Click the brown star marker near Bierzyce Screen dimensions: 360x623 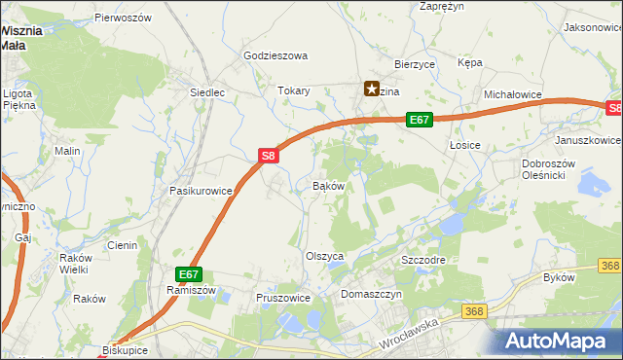(372, 89)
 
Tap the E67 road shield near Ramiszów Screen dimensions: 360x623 (189, 275)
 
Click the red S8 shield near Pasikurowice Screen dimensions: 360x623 (270, 154)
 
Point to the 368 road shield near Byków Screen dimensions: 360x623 (610, 266)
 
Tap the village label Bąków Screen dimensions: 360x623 (328, 185)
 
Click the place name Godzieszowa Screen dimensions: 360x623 (275, 56)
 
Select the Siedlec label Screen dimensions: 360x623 (207, 93)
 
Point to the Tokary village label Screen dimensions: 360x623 (294, 90)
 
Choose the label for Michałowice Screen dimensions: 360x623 (512, 94)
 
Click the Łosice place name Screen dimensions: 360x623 (466, 144)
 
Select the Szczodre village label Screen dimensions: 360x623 (423, 262)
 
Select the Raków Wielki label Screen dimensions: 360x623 (74, 263)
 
